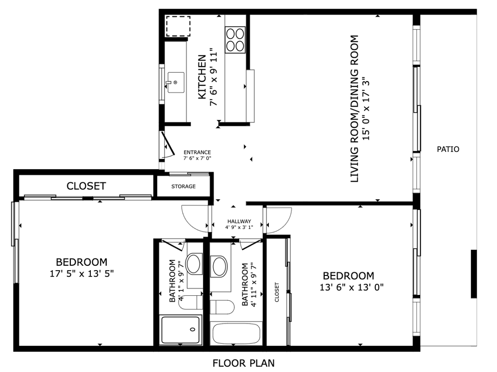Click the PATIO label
click(x=448, y=149)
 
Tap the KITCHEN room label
click(x=202, y=77)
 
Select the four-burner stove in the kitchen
click(x=235, y=40)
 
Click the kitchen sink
click(x=176, y=82)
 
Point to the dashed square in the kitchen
click(x=178, y=26)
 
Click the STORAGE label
click(x=183, y=187)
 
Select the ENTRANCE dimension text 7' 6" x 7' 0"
click(x=197, y=158)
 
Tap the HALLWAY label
click(x=239, y=221)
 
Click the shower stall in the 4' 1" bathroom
click(x=181, y=330)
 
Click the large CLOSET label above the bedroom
click(x=86, y=186)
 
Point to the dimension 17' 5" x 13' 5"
click(x=82, y=273)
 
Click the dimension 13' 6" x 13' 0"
click(x=352, y=288)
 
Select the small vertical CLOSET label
click(x=277, y=292)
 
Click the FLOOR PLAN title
click(x=244, y=363)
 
